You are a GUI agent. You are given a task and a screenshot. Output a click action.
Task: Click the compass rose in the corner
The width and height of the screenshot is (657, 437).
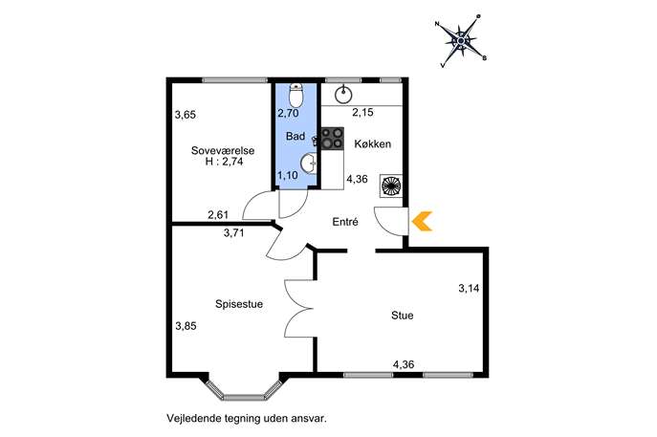(461, 41)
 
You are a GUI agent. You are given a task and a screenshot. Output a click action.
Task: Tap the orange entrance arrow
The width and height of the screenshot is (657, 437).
(423, 221)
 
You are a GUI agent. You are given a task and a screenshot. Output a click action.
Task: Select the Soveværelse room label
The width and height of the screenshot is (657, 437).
(223, 150)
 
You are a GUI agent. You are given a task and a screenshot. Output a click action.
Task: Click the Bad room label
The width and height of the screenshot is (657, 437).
(296, 136)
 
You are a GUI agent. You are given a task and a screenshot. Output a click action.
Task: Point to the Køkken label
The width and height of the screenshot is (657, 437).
(373, 143)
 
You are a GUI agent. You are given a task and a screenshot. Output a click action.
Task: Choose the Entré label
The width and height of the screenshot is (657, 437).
(345, 221)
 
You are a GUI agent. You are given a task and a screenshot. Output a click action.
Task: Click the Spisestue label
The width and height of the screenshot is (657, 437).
(239, 304)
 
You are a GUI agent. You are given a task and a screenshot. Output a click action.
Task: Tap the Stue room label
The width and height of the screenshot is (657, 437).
(403, 315)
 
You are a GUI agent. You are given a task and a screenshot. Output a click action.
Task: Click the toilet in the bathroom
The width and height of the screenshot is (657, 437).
(296, 95)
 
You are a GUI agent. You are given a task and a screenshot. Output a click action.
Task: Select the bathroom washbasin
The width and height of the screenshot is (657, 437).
(310, 163)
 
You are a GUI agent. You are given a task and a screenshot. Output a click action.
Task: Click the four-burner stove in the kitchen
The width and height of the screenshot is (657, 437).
(333, 139)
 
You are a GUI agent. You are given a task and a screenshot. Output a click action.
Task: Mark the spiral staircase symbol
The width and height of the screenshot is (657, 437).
(390, 186)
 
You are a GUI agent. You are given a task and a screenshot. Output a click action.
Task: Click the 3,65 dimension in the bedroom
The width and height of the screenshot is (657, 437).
(186, 115)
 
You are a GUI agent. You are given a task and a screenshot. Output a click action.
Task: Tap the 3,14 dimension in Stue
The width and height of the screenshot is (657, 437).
(469, 288)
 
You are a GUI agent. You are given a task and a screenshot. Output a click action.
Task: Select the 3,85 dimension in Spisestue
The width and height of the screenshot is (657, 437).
(186, 325)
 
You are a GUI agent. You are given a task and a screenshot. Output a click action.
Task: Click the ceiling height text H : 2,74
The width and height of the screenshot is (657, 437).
(224, 162)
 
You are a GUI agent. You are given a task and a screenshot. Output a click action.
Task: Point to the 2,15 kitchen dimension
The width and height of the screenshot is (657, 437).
(362, 112)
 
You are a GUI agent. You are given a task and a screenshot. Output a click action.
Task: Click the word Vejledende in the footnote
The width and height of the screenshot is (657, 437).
(190, 418)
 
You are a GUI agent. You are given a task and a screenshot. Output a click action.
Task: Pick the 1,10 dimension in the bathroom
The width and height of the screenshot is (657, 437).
(288, 175)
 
